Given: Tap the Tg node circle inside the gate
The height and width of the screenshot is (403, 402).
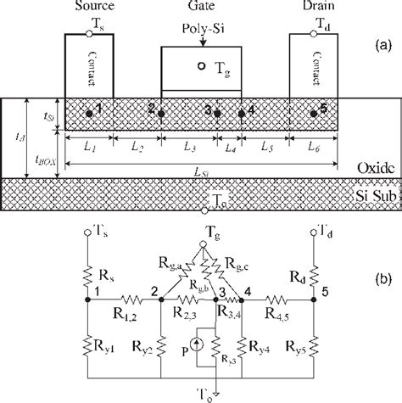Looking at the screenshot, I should [200, 65].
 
